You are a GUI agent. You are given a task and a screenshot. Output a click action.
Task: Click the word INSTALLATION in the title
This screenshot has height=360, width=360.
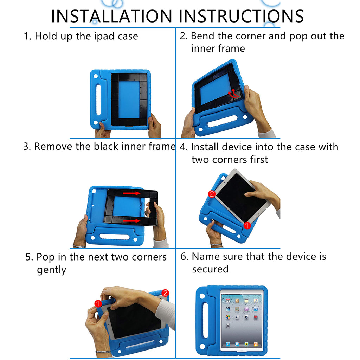pos(111,16)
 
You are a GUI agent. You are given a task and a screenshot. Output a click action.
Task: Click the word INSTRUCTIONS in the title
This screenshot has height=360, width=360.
pos(241,16)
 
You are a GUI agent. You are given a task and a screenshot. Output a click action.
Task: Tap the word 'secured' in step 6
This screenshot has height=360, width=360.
pos(210,269)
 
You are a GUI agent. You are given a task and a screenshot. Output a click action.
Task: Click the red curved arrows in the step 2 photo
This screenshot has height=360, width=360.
pos(233,93)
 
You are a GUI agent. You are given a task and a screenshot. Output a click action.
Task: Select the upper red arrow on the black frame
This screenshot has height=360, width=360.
pos(132,193)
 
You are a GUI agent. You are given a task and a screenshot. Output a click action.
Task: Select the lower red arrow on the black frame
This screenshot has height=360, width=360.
pos(132,221)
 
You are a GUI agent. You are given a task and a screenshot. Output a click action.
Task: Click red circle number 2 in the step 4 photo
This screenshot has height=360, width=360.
pos(212,194)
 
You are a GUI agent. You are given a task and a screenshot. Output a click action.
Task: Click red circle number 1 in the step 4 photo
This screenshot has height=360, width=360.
pos(247,225)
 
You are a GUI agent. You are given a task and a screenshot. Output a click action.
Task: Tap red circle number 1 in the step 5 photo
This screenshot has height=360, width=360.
pos(98,303)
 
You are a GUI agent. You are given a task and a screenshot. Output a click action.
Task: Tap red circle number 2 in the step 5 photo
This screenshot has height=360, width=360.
pos(165,293)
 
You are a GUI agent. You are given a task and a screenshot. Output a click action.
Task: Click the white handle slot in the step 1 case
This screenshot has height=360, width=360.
pos(98,100)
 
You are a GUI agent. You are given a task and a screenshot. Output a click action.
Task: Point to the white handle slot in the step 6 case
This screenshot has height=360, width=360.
pos(205,320)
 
